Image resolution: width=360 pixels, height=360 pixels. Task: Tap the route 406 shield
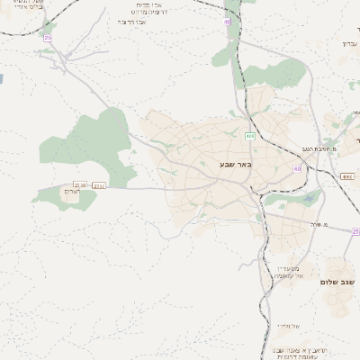point(250,137)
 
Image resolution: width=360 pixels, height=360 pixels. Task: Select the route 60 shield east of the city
point(296,168)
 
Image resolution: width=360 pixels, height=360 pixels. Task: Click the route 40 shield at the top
point(228,21)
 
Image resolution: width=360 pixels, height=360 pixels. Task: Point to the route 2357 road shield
point(99,186)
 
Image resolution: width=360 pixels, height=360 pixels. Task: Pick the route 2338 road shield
point(80,185)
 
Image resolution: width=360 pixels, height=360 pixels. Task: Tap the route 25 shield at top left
point(48,38)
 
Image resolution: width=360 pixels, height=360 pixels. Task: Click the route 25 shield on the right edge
point(356,231)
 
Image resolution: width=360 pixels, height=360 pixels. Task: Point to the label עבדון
point(350,44)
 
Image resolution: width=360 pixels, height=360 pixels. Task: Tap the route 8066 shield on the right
point(346,176)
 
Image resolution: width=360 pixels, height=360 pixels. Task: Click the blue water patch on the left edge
point(2,79)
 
